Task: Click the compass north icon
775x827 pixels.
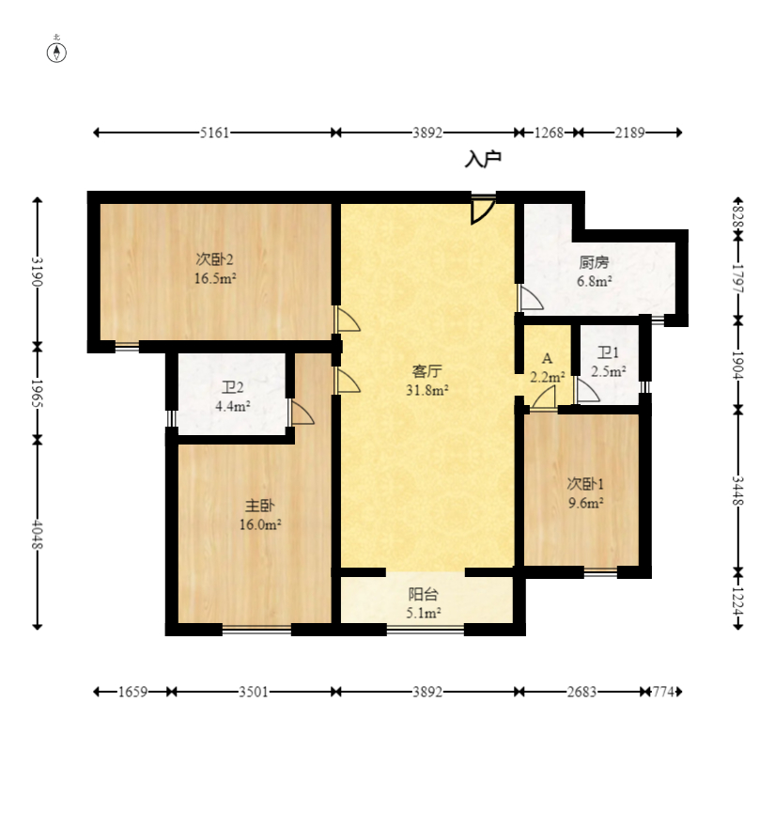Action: (57, 51)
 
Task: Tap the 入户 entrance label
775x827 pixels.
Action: (483, 160)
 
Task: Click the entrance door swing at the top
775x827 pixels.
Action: (483, 211)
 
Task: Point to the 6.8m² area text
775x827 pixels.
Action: (595, 280)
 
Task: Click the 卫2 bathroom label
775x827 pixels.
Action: (233, 387)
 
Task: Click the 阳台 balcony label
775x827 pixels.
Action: (423, 594)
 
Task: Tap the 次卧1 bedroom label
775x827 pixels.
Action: (585, 484)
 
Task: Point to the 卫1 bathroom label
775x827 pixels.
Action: (609, 353)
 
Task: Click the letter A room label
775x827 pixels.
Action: (547, 359)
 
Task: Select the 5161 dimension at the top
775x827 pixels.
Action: (215, 133)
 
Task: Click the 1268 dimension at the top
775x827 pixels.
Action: (549, 133)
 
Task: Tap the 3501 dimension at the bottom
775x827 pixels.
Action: (254, 692)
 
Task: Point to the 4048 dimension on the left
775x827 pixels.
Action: (38, 534)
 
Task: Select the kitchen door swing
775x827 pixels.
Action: (530, 299)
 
